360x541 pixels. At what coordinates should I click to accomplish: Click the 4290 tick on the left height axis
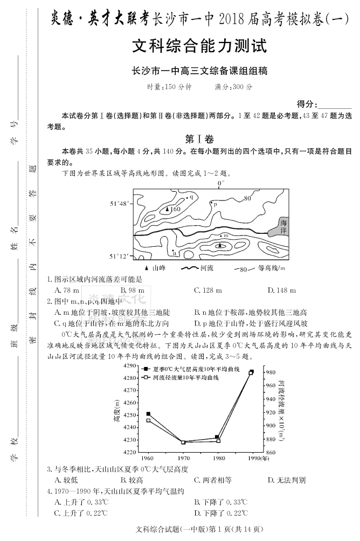130,366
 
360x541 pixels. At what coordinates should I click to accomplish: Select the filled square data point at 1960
148,414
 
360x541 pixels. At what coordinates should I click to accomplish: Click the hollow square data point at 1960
148,420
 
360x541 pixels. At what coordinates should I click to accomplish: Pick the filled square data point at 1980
217,437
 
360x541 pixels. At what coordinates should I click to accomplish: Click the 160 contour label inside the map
175,209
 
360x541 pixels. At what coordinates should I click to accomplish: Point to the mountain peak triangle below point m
219,245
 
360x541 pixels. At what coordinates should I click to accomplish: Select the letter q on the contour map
191,197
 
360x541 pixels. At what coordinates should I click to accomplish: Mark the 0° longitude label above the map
220,184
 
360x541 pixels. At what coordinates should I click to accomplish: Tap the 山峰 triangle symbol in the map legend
147,268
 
